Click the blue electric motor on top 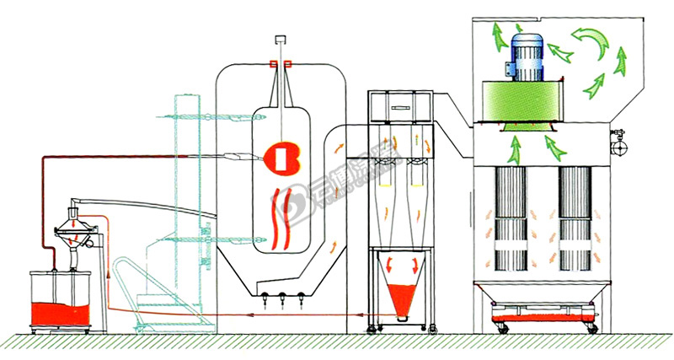click(x=526, y=51)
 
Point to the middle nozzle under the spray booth click(x=281, y=297)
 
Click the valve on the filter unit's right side click(x=620, y=142)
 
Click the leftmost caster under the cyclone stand click(x=367, y=327)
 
